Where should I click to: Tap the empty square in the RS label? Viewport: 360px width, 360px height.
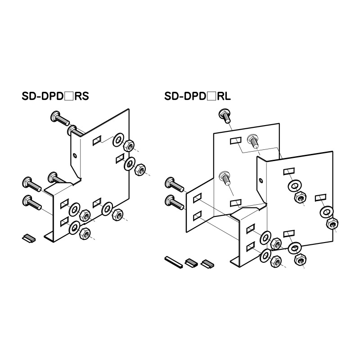coord(68,96)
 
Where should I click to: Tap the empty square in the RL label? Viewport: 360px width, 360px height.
coord(211,96)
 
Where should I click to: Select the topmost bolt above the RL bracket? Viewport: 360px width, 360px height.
coord(225,115)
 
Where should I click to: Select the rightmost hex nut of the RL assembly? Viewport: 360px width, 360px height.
coord(333,224)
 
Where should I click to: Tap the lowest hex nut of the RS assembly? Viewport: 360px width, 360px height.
coord(85,233)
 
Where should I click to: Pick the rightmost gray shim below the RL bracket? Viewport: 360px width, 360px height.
coord(207,262)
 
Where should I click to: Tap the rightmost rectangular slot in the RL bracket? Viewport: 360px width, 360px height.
coord(320,197)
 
